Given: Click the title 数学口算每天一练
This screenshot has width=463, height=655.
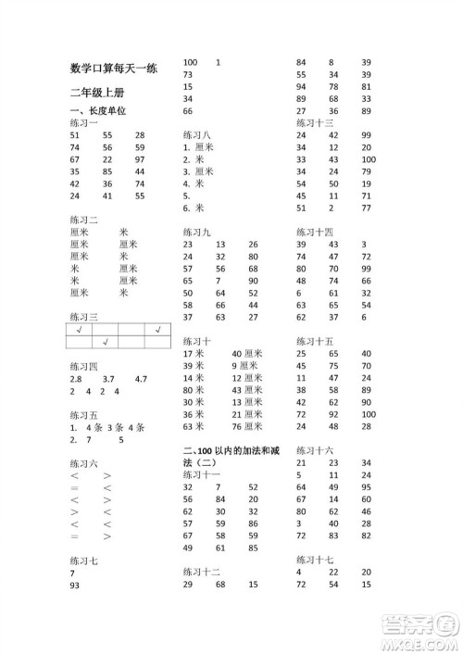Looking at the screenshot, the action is coord(114,67).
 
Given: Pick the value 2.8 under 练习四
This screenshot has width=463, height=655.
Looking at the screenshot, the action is coord(76,378).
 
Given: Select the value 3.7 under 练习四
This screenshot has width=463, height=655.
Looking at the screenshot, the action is coord(108,378).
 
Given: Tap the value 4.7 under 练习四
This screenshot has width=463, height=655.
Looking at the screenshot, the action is coord(141,378).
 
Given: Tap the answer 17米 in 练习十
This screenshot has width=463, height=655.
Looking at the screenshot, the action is coord(194,354).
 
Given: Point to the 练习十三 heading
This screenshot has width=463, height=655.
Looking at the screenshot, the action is coord(315,122).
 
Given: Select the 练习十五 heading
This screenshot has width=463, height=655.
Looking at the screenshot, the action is coord(315,341).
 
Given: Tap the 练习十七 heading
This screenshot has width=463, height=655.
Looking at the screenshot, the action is coord(315,560).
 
